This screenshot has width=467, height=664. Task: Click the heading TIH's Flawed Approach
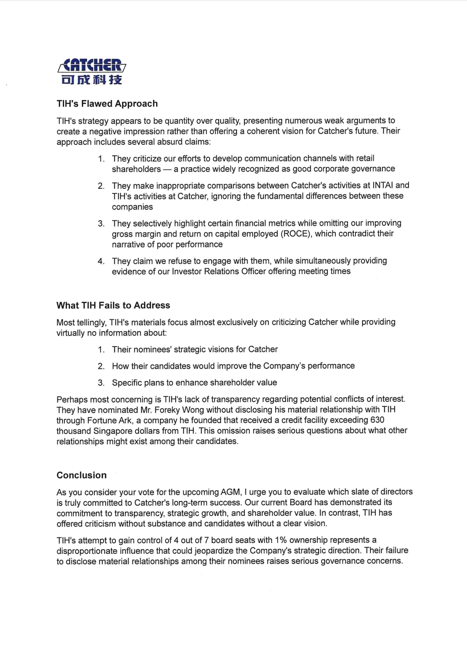(x=107, y=104)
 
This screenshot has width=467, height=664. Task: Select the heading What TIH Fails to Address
(x=113, y=305)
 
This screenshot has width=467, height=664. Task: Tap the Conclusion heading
(x=81, y=475)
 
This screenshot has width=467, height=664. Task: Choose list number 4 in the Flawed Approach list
(x=101, y=261)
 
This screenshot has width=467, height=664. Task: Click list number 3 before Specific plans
(x=101, y=383)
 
